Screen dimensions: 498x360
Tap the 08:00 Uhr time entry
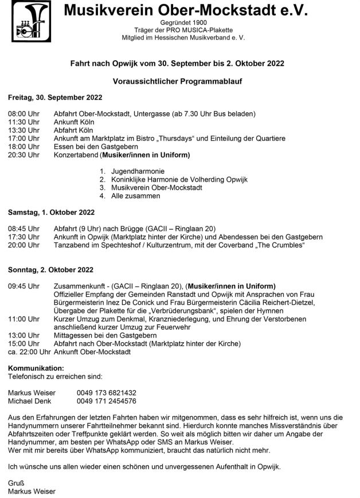tap(24, 113)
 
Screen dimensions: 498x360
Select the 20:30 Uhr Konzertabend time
tap(24, 155)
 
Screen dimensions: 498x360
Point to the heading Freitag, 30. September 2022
tap(46, 97)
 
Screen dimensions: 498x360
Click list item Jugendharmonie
tap(138, 171)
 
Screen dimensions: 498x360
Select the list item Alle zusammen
tap(136, 196)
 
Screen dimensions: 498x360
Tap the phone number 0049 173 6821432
tap(106, 393)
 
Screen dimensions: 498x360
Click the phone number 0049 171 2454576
tap(106, 401)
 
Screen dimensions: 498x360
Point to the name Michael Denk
tap(30, 401)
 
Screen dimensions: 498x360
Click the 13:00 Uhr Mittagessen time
tap(24, 335)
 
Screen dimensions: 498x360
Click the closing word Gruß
tap(16, 483)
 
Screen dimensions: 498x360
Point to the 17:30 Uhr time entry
tap(24, 237)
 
